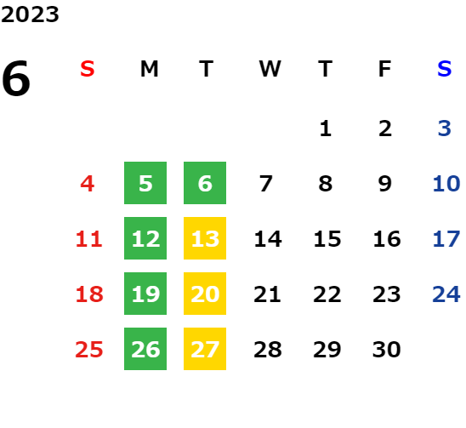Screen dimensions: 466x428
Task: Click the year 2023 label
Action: pyautogui.click(x=30, y=14)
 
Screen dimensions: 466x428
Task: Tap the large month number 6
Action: pyautogui.click(x=16, y=78)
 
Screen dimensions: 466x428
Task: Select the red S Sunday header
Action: pyautogui.click(x=88, y=69)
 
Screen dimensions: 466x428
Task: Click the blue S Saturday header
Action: pyautogui.click(x=444, y=69)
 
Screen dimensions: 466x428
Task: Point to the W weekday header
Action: pyautogui.click(x=270, y=69)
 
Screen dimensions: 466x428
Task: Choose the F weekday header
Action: pyautogui.click(x=385, y=69)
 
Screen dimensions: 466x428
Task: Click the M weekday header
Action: pyautogui.click(x=149, y=69)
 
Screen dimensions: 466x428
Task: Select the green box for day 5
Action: pyautogui.click(x=145, y=183)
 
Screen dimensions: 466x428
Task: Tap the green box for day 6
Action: pyautogui.click(x=205, y=183)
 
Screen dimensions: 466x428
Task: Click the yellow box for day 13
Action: pyautogui.click(x=205, y=238)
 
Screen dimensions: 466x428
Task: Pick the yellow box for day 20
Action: pyautogui.click(x=205, y=294)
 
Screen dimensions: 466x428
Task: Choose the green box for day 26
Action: pyautogui.click(x=145, y=349)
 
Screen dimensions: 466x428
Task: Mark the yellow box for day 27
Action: pyautogui.click(x=205, y=349)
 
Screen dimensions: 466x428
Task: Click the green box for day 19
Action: pyautogui.click(x=145, y=294)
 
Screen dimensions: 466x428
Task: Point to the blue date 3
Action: pyautogui.click(x=444, y=128)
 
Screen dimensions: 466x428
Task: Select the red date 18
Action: pyautogui.click(x=89, y=294)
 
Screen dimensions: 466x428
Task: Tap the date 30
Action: pyautogui.click(x=386, y=350)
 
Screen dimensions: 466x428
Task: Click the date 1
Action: pyautogui.click(x=326, y=128)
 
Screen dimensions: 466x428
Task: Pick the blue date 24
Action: pyautogui.click(x=446, y=294)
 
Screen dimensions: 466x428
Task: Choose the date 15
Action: pyautogui.click(x=327, y=239)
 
